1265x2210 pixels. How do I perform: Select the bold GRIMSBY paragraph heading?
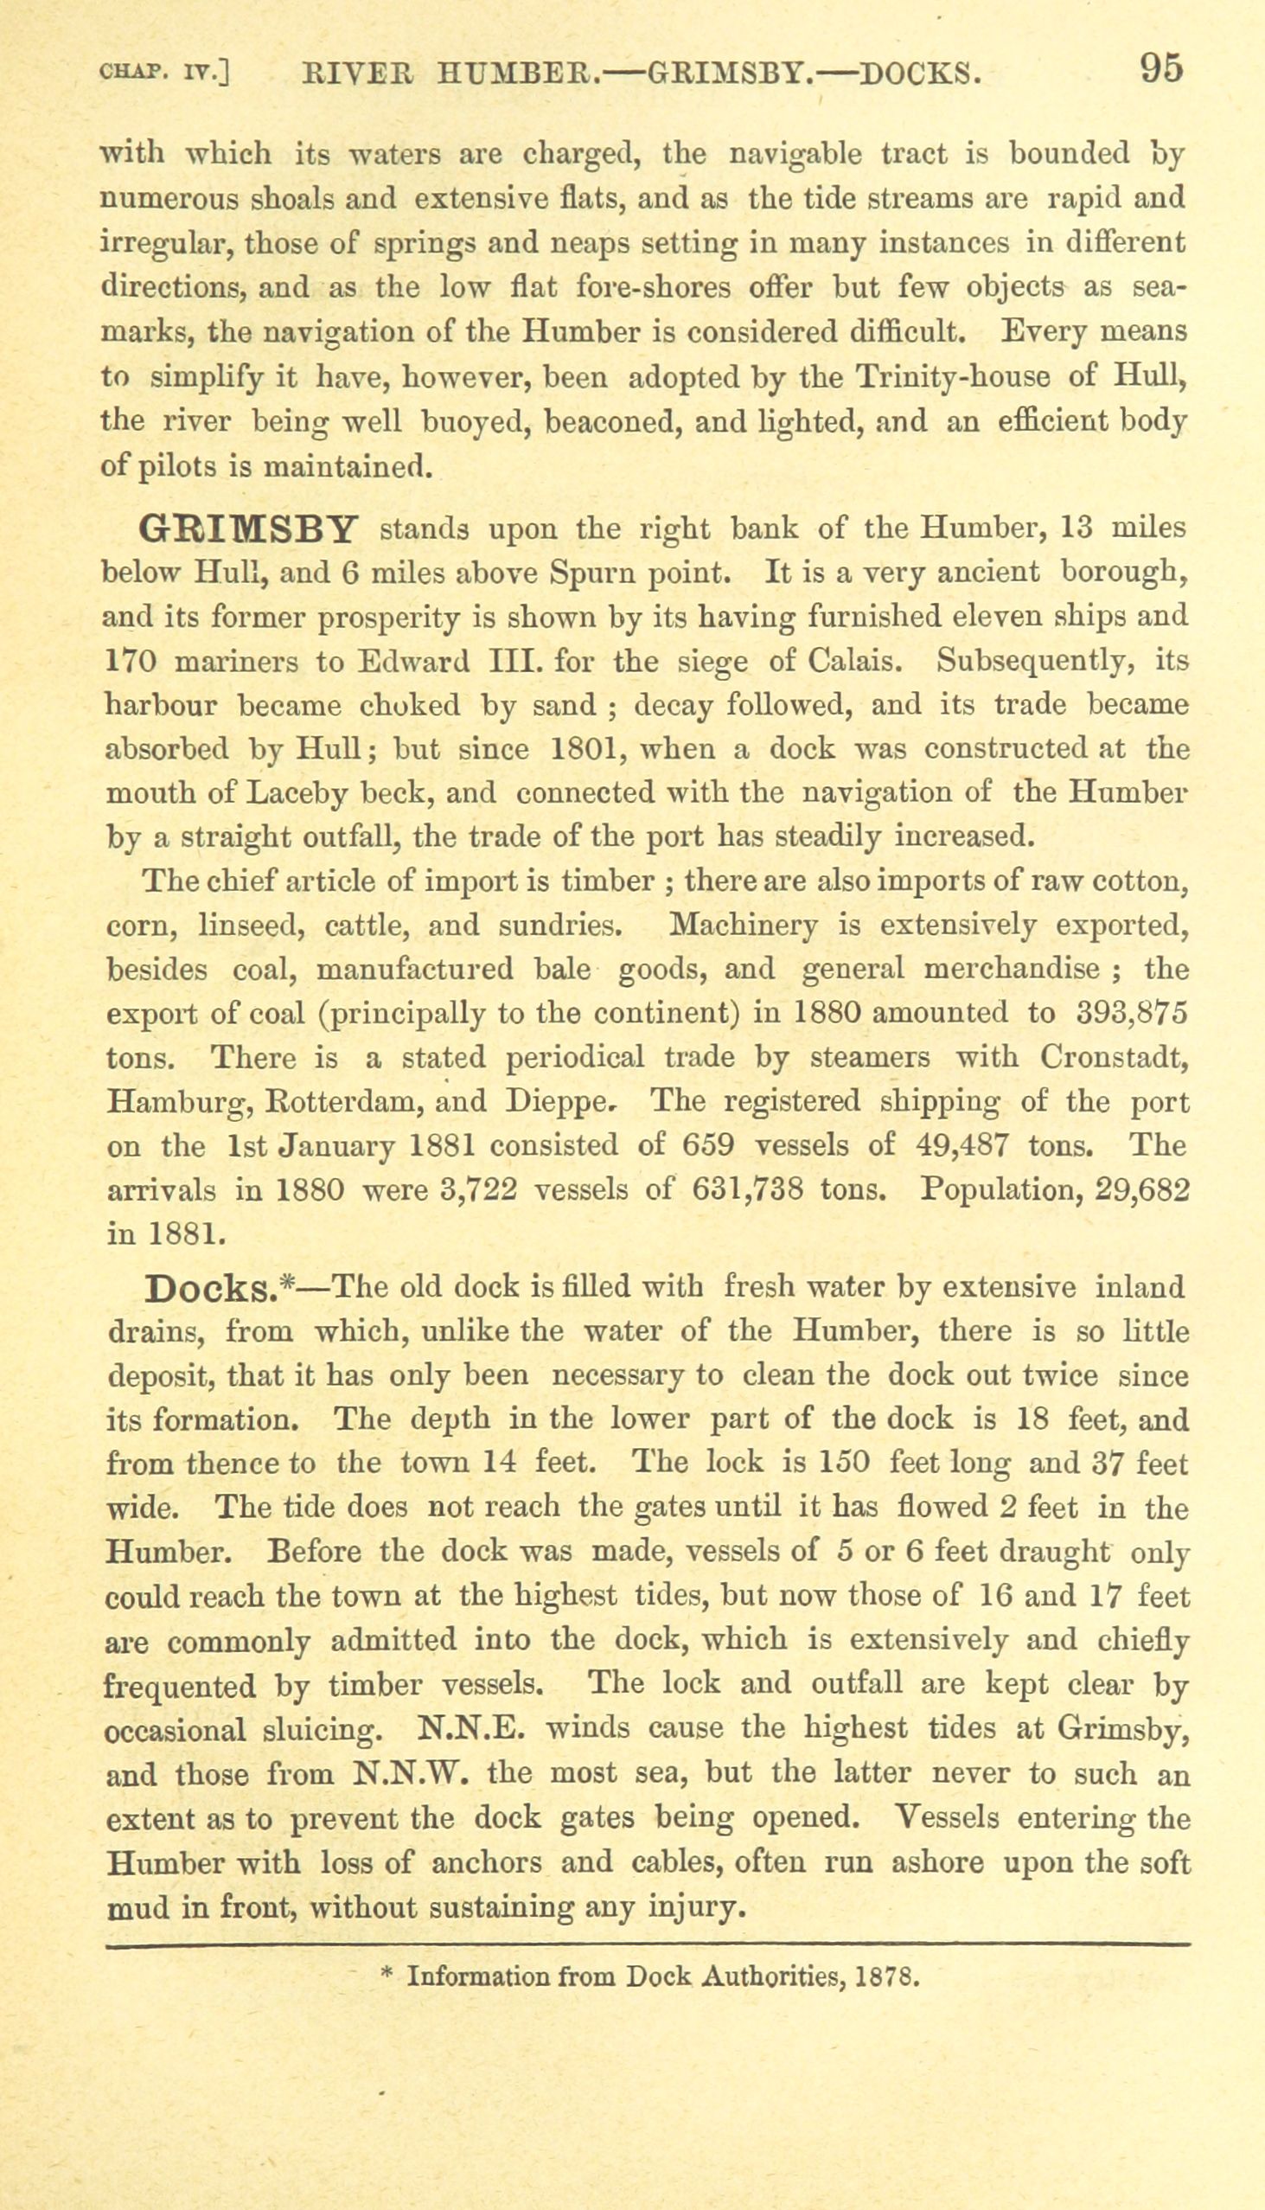tap(249, 529)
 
